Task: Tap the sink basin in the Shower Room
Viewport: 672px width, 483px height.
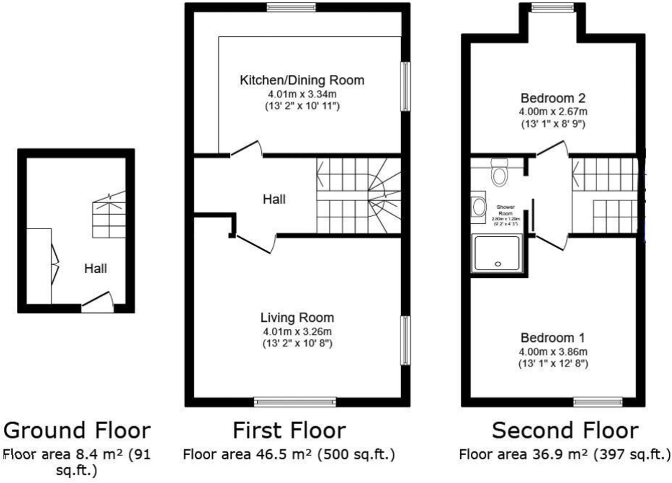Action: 479,207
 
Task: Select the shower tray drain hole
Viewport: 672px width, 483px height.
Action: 498,264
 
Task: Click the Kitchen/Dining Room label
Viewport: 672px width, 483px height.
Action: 302,80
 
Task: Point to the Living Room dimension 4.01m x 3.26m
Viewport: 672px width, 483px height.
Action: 297,332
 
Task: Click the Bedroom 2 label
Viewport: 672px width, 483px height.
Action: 553,98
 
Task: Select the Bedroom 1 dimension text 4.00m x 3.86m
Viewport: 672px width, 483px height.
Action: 553,352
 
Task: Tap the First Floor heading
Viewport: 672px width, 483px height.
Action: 289,431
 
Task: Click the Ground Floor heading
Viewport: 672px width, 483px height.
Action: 77,431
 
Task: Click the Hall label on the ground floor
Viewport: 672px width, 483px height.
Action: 96,269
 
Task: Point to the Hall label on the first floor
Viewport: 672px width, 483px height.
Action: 274,200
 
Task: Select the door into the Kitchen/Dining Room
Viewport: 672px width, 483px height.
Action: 247,149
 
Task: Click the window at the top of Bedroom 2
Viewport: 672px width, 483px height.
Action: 552,7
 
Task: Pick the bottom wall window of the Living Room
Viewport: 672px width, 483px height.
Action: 295,402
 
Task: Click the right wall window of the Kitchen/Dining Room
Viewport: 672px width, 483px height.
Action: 405,86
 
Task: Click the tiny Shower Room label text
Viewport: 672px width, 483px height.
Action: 505,210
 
